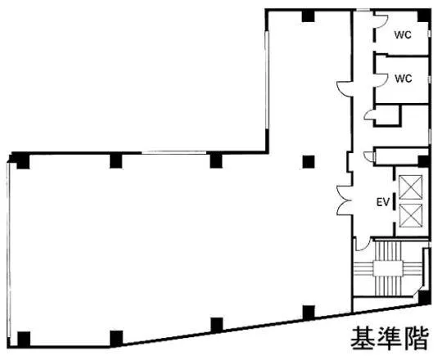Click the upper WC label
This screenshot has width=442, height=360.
(403, 35)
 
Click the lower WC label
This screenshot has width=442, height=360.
(404, 79)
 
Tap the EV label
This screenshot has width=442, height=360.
(383, 202)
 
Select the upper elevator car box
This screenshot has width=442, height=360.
(411, 187)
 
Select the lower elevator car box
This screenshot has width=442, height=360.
(411, 215)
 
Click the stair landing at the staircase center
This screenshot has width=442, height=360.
(388, 268)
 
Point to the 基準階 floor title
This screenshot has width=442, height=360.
(390, 338)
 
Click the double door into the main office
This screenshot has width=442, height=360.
(344, 200)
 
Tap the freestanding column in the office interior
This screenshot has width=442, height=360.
(309, 162)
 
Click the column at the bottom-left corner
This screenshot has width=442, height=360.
(24, 339)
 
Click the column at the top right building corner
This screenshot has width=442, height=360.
(424, 16)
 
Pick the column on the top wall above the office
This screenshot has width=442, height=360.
(308, 16)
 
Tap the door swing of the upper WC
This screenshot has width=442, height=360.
(381, 22)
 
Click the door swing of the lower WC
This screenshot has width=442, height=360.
(381, 79)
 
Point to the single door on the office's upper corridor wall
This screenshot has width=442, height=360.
(344, 88)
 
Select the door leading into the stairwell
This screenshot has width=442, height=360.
(363, 244)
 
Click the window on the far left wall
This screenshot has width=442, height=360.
(9, 250)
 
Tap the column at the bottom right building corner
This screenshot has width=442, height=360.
(424, 298)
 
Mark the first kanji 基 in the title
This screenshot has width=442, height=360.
(363, 338)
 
